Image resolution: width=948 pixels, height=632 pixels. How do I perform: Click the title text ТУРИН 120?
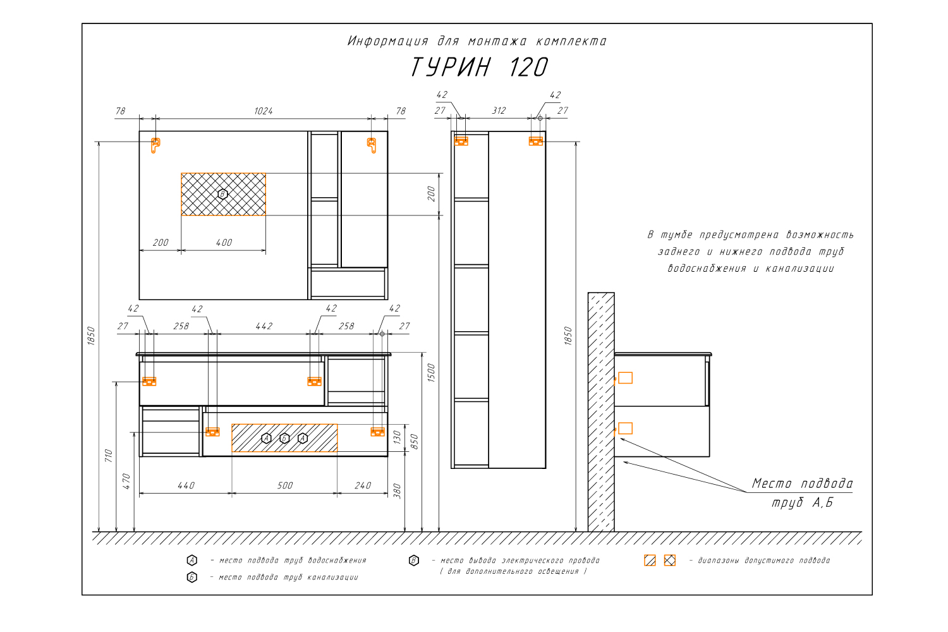pos(479,67)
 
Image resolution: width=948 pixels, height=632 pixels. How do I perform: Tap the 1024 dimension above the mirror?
pos(264,111)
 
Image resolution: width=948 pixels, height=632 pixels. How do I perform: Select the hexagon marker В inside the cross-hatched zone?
pos(222,194)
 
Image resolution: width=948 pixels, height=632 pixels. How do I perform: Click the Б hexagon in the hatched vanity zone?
pos(284,438)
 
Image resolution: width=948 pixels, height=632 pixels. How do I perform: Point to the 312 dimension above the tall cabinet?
pos(499,111)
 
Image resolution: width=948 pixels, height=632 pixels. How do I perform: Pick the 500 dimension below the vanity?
pos(285,485)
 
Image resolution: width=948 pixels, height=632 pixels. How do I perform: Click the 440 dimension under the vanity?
pos(186,485)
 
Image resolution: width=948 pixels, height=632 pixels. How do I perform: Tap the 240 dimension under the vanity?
pos(363,485)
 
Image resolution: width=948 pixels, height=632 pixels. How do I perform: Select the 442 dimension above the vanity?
pos(264,326)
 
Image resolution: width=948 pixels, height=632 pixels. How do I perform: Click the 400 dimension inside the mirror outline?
pos(224,243)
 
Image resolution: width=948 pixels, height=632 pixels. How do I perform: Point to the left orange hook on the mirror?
pos(155,145)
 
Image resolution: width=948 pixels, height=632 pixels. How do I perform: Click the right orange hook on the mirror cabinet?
pos(372,145)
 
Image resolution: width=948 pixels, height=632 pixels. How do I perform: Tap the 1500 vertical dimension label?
pos(431,372)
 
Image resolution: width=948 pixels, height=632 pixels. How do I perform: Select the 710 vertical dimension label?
pos(108,456)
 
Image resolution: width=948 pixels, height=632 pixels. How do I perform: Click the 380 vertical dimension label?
pos(397,491)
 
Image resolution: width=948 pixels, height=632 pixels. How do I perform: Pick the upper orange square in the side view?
pos(625,377)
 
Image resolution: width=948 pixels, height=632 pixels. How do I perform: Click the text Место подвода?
pos(802,483)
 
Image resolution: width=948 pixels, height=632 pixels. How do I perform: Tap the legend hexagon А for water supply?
pos(191,561)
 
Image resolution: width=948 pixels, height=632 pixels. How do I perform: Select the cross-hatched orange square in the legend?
pos(669,561)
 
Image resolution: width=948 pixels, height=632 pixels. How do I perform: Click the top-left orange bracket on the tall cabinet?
pos(461,141)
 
